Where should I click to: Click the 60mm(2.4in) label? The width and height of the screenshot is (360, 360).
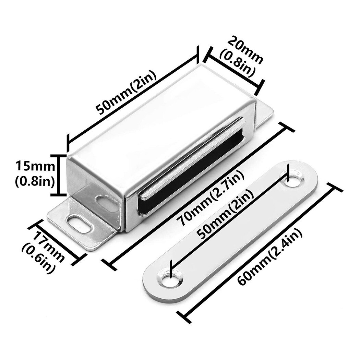tap(271, 257)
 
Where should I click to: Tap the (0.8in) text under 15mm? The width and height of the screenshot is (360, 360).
tap(34, 181)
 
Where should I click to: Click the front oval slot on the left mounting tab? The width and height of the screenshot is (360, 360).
tap(80, 224)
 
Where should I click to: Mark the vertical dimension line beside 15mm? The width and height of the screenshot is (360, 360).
tap(62, 175)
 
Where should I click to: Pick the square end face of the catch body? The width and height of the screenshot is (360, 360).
tap(93, 182)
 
